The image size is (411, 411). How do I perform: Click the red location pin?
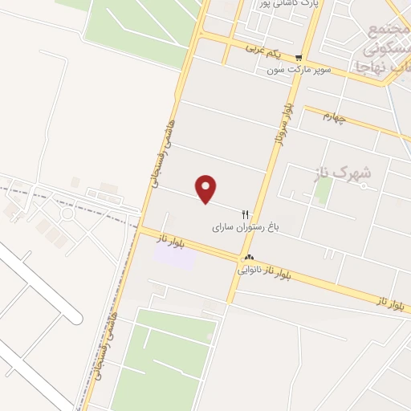click(x=207, y=189)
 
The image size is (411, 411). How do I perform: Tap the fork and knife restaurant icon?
click(x=246, y=215)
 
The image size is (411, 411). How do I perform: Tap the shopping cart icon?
click(x=299, y=57)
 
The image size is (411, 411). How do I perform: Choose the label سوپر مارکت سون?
click(x=299, y=71)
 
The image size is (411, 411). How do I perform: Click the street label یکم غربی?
click(x=265, y=52)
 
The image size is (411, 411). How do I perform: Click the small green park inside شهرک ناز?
click(x=324, y=190)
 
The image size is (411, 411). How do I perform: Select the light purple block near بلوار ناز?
click(x=175, y=255)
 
